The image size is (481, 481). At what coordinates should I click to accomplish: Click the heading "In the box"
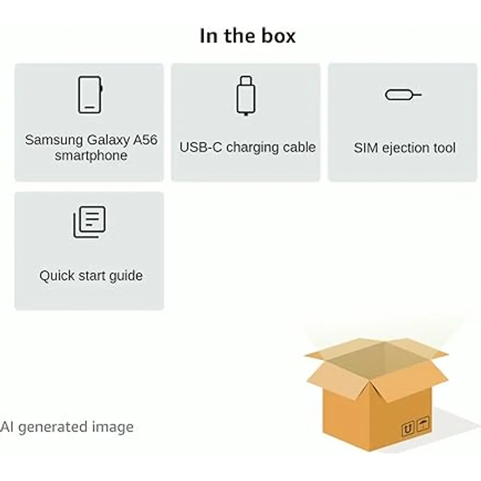[x=248, y=36]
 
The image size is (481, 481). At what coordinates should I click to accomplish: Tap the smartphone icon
[x=90, y=95]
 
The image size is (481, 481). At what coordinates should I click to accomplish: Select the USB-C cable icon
[x=246, y=95]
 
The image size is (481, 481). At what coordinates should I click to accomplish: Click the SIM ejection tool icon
[x=403, y=95]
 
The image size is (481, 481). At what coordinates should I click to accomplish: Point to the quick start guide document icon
[x=90, y=222]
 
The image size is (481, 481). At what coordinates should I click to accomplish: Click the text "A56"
[x=145, y=140]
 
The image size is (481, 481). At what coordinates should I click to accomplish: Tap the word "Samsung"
[x=54, y=141]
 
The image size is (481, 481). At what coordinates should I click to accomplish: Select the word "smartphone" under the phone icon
[x=91, y=156]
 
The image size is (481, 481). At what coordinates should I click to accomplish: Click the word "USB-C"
[x=201, y=147]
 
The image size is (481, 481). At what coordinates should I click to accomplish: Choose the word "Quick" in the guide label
[x=57, y=276]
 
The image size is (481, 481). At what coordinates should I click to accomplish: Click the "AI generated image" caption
[x=67, y=427]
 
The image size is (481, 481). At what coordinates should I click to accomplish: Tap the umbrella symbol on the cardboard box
[x=423, y=425]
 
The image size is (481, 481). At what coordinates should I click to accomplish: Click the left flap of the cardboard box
[x=337, y=380]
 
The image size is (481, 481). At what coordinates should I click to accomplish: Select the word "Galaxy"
[x=108, y=141]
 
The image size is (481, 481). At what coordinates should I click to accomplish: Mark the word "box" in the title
[x=278, y=36]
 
